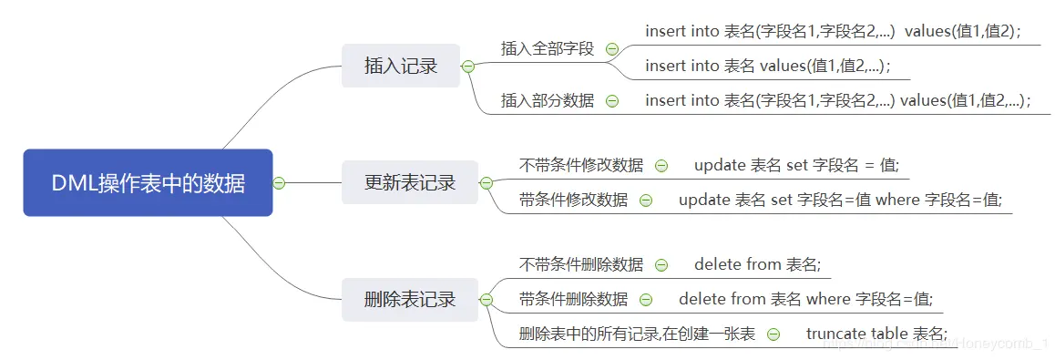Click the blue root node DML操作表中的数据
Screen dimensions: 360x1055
[x=148, y=183]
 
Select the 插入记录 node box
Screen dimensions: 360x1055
[x=401, y=66]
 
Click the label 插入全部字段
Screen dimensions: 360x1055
[x=548, y=49]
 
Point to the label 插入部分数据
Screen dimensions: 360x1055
[x=548, y=101]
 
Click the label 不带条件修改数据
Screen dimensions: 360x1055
[x=581, y=166]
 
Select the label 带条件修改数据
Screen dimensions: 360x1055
[x=573, y=200]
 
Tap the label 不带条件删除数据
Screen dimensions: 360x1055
[x=581, y=265]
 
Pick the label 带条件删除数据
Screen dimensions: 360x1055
[x=573, y=299]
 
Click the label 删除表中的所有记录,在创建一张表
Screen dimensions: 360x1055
[x=637, y=334]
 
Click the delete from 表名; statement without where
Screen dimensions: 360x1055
[x=757, y=265]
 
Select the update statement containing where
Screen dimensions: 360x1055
[x=839, y=200]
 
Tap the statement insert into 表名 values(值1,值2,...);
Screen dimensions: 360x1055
[x=767, y=66]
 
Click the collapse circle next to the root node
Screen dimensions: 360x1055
[x=280, y=183]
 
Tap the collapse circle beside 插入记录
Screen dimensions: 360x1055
[x=468, y=66]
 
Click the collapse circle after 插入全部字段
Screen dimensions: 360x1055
[x=612, y=49]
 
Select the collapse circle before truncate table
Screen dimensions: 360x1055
[x=773, y=334]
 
